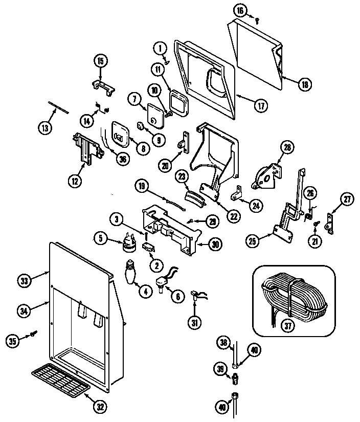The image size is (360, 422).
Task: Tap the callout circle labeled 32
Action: [100, 407]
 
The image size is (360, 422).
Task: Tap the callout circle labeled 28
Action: [287, 148]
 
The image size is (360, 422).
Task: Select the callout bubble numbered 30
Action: [215, 244]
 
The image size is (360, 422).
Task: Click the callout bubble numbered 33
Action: [24, 280]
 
